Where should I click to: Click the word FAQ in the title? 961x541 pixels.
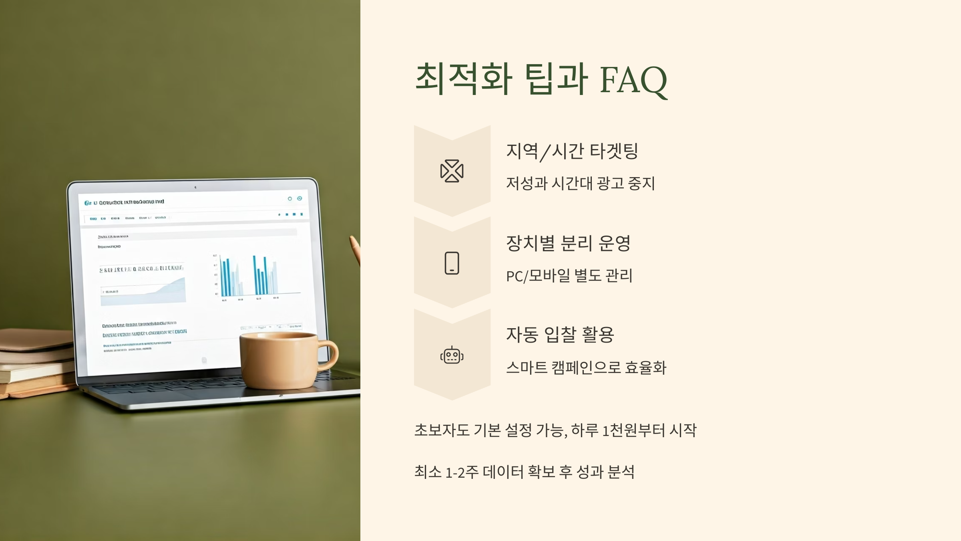633,80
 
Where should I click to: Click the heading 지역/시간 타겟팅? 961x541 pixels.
572,151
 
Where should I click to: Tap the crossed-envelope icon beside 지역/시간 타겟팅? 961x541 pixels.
452,171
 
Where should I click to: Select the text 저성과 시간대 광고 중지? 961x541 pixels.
580,184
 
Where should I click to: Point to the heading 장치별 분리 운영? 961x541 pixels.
568,243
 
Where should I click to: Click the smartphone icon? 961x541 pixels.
452,263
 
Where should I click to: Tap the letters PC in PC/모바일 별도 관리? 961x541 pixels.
515,276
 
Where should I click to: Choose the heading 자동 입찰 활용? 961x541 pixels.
560,335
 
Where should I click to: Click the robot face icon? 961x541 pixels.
452,355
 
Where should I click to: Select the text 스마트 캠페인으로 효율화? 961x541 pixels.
586,367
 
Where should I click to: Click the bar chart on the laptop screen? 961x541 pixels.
256,277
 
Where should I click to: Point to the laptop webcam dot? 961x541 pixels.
195,187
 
